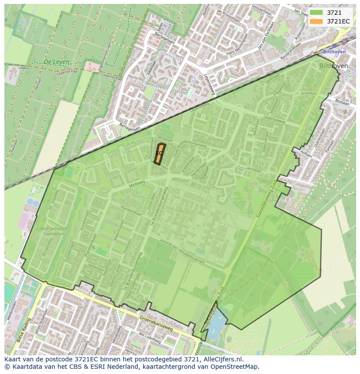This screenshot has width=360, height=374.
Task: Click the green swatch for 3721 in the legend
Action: [316, 13]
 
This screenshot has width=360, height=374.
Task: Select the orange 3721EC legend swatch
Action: [316, 21]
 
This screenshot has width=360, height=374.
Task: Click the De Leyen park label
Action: [56, 62]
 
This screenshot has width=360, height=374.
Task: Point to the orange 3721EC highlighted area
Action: [160, 154]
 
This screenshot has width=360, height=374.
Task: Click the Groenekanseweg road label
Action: [157, 324]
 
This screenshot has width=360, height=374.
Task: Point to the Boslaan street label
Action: [343, 103]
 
